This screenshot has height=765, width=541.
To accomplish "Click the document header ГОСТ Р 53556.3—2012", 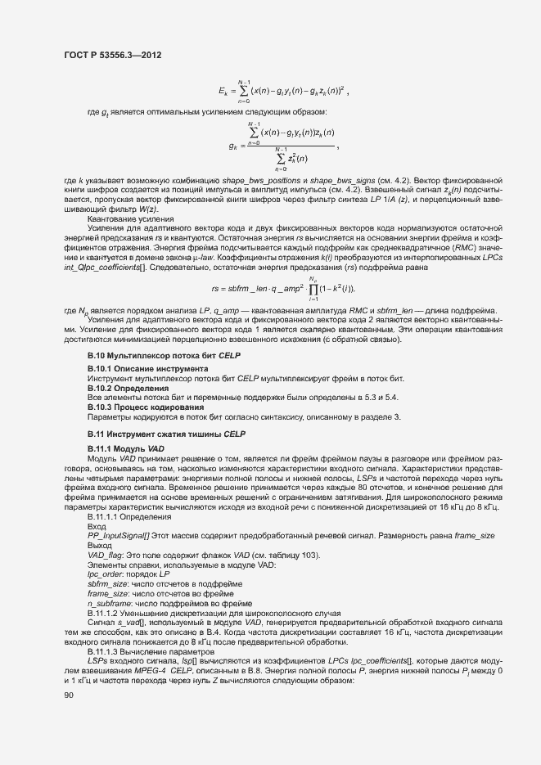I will [112, 56].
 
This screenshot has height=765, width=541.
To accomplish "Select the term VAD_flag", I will [105, 556].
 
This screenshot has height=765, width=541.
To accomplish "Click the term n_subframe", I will [110, 602].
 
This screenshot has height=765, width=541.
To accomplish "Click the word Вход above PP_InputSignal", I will [97, 526].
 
